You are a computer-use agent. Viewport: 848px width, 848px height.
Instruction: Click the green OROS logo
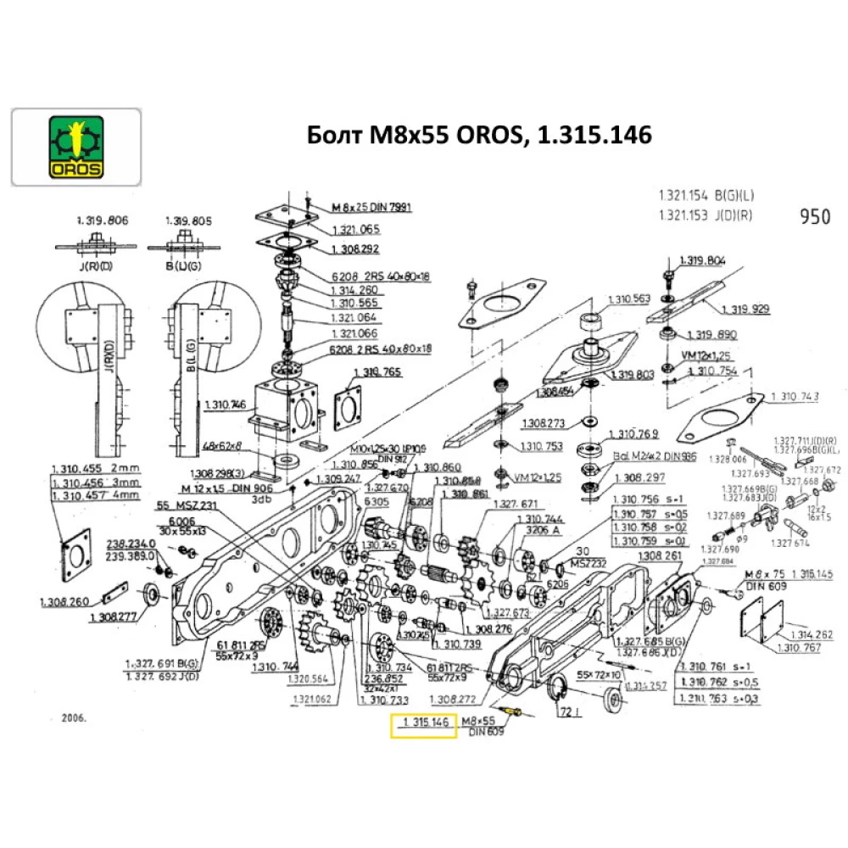point(75,148)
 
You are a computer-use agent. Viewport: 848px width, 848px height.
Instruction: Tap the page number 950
point(814,216)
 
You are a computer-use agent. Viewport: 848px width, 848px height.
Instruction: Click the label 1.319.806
point(102,220)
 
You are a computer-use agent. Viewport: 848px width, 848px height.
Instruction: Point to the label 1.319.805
point(188,220)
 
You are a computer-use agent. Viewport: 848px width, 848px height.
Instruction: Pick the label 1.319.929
point(745,309)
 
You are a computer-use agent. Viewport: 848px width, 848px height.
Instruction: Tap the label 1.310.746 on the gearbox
point(225,405)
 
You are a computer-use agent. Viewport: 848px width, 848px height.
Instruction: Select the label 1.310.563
point(628,298)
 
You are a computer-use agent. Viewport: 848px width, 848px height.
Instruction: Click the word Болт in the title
point(327,135)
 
